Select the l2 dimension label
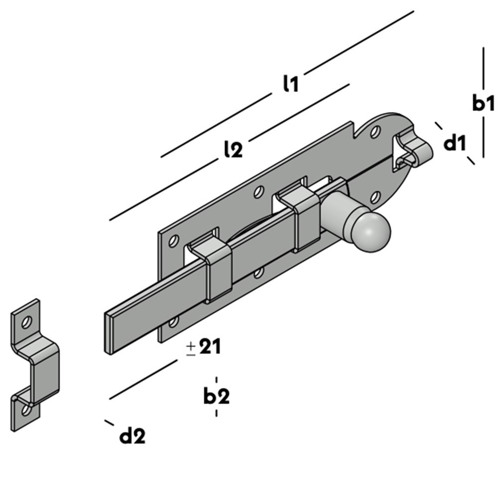coord(233,149)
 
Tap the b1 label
coord(483,104)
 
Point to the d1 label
coord(454,144)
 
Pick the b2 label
coord(216,396)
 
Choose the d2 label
coord(132,437)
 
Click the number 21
coord(210,347)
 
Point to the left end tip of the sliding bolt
coord(108,333)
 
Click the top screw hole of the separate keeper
coord(26,322)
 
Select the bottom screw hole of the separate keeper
coord(25,410)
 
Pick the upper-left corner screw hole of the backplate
coord(173,242)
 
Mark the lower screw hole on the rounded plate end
coord(375,198)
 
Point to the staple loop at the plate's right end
coord(412,147)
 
